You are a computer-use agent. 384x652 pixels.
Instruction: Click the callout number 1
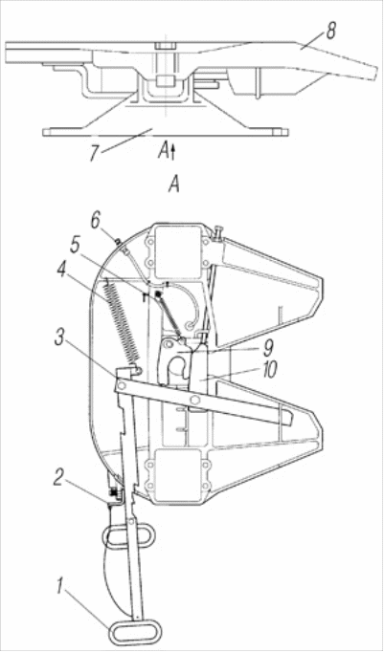[59, 588]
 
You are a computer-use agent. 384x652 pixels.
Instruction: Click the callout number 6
[96, 221]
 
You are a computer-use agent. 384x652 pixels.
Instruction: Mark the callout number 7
[94, 153]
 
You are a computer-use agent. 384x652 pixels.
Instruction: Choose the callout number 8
[330, 32]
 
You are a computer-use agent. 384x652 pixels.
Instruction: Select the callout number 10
[269, 370]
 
